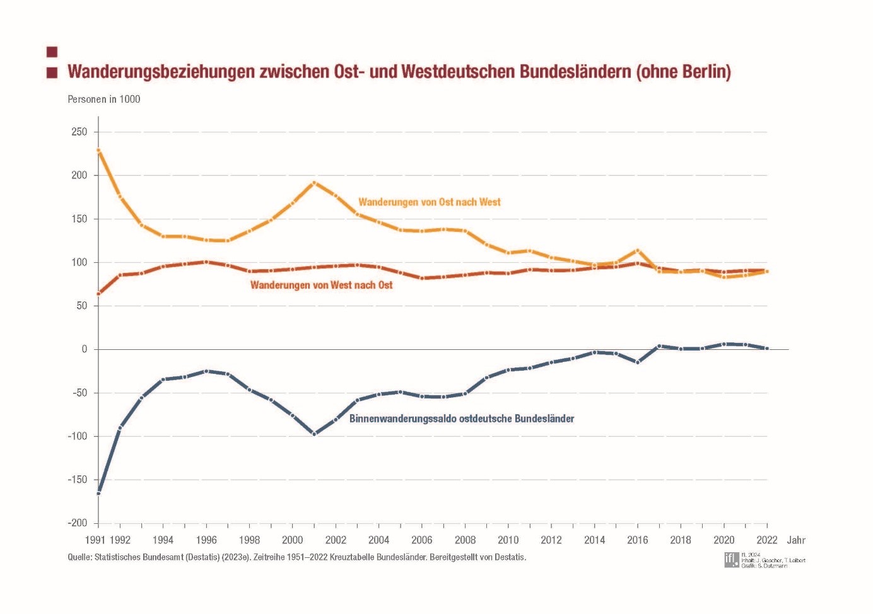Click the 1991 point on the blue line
click(x=98, y=494)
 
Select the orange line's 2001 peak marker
click(x=314, y=183)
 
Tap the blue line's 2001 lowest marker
click(x=314, y=434)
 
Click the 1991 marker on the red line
click(x=98, y=294)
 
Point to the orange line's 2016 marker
click(x=638, y=251)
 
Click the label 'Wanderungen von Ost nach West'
click(x=429, y=202)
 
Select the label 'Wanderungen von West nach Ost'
click(x=321, y=286)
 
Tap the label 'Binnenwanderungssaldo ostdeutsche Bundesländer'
click(x=461, y=419)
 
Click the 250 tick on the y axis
click(x=79, y=132)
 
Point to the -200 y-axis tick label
click(x=78, y=523)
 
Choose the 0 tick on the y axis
click(x=85, y=349)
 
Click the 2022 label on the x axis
click(x=766, y=540)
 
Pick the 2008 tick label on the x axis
click(x=465, y=540)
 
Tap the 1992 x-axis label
click(x=120, y=540)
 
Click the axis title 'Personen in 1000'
click(x=104, y=99)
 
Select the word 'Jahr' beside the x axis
click(x=796, y=540)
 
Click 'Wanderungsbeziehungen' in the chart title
click(x=161, y=72)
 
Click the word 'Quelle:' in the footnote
click(x=79, y=557)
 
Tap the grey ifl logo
click(x=731, y=559)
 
